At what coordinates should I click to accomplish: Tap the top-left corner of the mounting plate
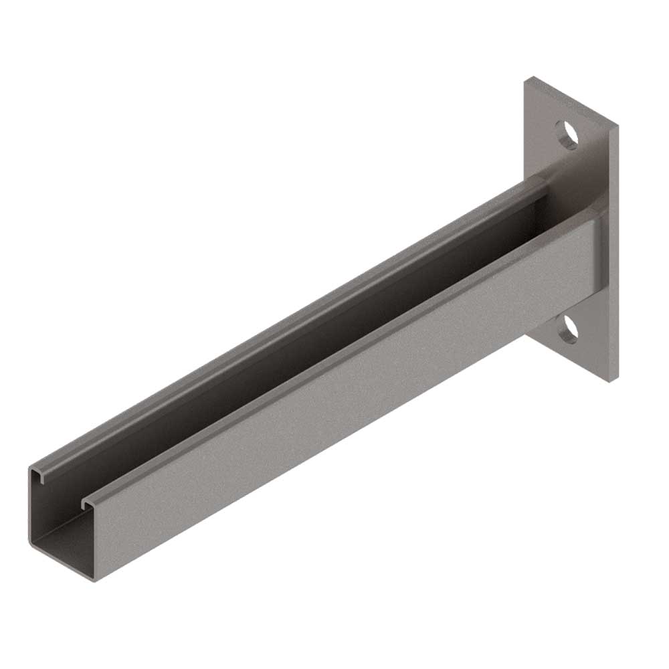pyautogui.click(x=524, y=78)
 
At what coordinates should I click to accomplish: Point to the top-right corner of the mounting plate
pyautogui.click(x=617, y=125)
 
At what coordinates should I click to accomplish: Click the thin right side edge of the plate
pyautogui.click(x=613, y=254)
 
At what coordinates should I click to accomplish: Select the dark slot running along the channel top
pyautogui.click(x=301, y=334)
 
